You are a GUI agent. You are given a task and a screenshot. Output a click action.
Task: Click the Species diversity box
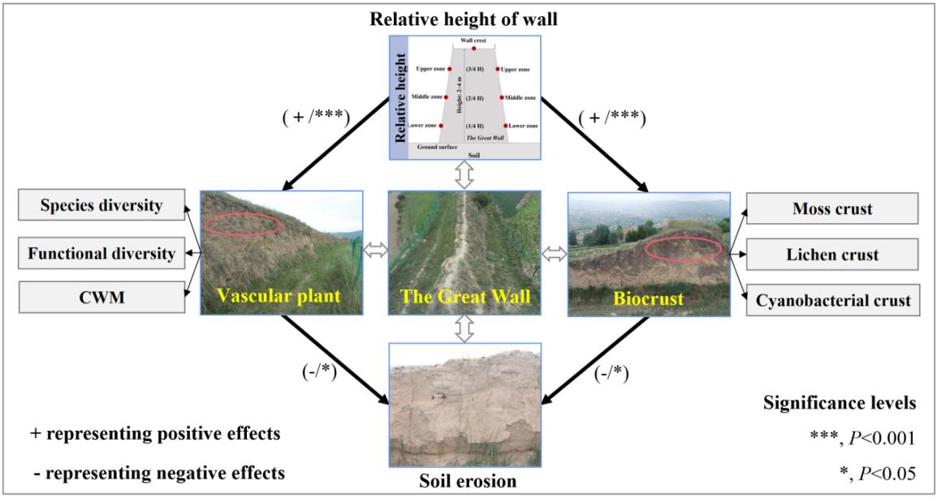click(x=101, y=206)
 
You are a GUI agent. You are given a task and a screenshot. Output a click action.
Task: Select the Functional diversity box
click(x=101, y=254)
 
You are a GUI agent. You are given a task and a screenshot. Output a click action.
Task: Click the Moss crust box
click(x=832, y=208)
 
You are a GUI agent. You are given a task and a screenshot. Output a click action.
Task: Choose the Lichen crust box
click(x=832, y=254)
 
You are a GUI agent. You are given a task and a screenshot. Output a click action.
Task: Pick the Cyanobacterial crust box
click(x=832, y=301)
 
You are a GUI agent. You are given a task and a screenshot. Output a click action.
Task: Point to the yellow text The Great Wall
click(x=464, y=298)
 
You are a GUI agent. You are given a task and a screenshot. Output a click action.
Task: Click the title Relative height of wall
click(x=464, y=19)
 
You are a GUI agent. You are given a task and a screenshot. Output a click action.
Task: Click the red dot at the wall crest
click(x=474, y=49)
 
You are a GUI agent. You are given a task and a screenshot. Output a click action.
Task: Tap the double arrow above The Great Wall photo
click(x=464, y=175)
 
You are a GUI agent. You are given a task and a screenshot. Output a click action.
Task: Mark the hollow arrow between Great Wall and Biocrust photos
click(x=554, y=254)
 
